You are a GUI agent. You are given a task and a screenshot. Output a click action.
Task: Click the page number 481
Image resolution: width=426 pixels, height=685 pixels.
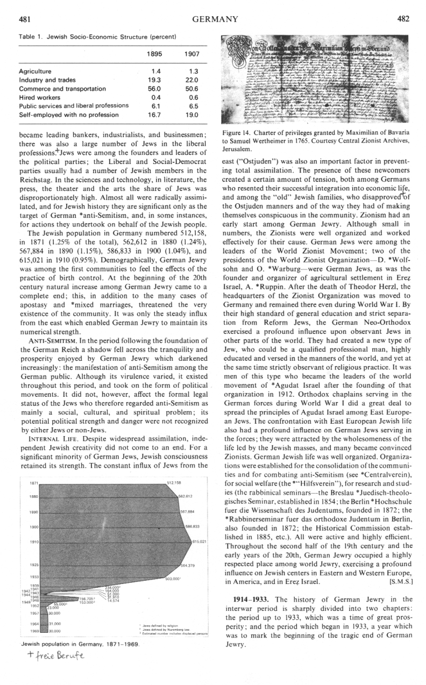tap(24, 19)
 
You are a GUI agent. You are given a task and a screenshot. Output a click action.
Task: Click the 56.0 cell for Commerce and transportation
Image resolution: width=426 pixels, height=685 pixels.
tap(155, 89)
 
